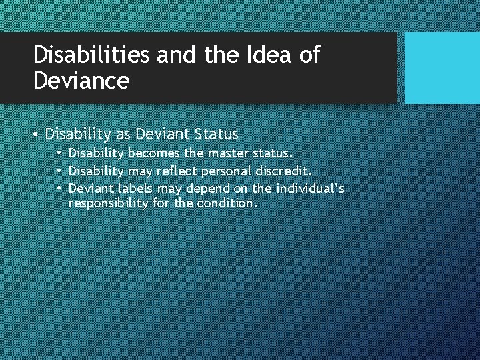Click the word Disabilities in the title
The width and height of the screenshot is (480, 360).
(91, 55)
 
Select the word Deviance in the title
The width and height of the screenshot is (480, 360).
(81, 81)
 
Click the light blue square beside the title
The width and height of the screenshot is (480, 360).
(442, 68)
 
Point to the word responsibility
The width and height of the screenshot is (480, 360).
(109, 203)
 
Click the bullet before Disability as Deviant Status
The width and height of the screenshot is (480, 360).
(37, 135)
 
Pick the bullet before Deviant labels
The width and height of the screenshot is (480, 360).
(60, 189)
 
